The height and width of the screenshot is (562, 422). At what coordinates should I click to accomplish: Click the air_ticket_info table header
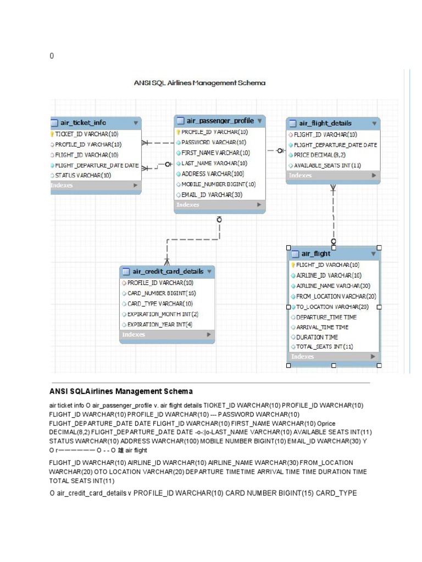tap(83, 122)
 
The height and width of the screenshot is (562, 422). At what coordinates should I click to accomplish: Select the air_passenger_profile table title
tap(220, 121)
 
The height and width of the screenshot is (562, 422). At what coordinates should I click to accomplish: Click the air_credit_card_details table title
tap(168, 271)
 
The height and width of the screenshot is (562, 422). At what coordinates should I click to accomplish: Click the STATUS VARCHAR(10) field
tap(83, 175)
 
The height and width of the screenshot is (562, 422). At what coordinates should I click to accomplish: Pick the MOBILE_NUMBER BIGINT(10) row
tap(218, 184)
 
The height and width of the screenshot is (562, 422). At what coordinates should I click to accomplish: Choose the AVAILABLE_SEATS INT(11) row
tap(327, 165)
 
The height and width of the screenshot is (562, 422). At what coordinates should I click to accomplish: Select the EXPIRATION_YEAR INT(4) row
tap(160, 324)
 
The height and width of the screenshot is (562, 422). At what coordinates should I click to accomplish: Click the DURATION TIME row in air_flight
tap(317, 337)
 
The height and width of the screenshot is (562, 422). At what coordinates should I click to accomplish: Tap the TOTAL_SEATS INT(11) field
tap(324, 347)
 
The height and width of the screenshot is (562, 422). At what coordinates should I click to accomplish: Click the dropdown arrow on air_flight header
tap(374, 254)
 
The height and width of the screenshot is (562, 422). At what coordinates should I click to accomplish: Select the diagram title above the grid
tap(199, 83)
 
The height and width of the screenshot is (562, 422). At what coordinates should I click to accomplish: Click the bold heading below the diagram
tap(121, 391)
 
